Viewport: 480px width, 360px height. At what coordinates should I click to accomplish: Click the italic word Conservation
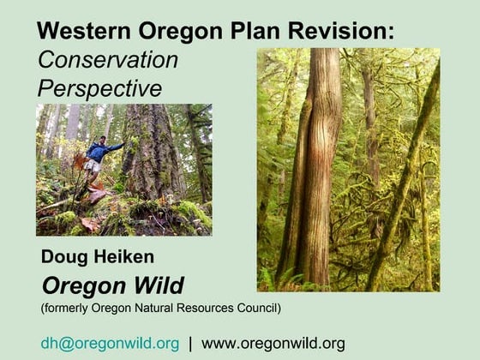(107, 60)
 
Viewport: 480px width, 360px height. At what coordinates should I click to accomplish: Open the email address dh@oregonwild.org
(110, 343)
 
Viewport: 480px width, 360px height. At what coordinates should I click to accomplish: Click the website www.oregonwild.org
(273, 343)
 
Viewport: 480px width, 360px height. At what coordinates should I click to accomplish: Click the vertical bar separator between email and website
(190, 343)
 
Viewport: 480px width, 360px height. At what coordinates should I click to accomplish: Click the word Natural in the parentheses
(146, 307)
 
